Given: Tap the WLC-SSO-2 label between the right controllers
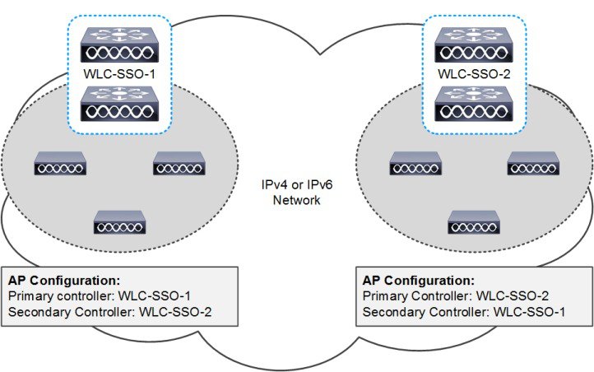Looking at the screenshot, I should click(x=472, y=72).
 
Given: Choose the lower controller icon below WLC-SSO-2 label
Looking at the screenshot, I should click(x=472, y=102).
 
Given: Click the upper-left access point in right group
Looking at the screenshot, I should click(x=415, y=163).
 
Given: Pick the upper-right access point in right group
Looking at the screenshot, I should click(x=532, y=163).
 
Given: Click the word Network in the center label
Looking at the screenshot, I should click(x=297, y=199).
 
